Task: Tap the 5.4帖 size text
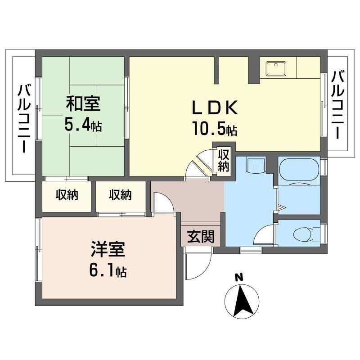pyautogui.click(x=83, y=124)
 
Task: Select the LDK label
pyautogui.click(x=215, y=108)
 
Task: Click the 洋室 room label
pyautogui.click(x=107, y=249)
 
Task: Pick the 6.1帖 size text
pyautogui.click(x=107, y=270)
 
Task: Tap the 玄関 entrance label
pyautogui.click(x=200, y=236)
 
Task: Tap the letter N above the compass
pyautogui.click(x=239, y=278)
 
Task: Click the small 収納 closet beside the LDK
pyautogui.click(x=224, y=160)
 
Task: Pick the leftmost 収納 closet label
pyautogui.click(x=67, y=195)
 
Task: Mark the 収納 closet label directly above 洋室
pyautogui.click(x=120, y=195)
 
